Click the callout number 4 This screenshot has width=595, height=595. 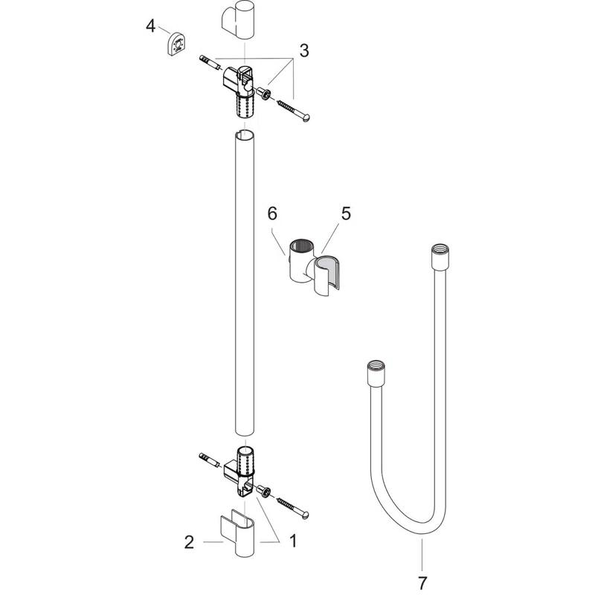coord(151,26)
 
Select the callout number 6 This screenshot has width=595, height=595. coord(272,213)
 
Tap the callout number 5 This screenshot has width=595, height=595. coord(345,213)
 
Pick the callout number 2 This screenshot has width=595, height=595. coord(189,542)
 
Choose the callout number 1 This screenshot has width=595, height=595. coord(292,542)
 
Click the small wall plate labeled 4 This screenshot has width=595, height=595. coord(176,44)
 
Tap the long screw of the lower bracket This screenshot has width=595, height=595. coord(295,507)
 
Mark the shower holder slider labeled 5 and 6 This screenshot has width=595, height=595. coord(312,271)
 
